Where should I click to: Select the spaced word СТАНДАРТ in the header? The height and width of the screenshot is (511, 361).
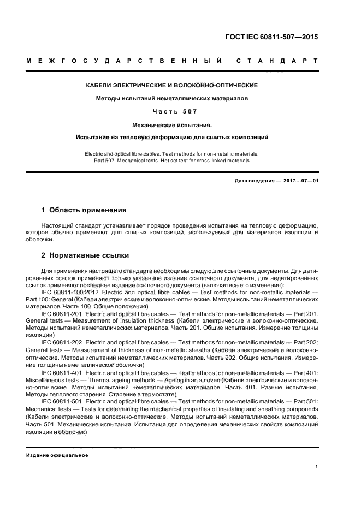click(x=277, y=61)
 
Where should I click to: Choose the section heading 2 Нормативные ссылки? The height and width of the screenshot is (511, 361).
click(x=85, y=255)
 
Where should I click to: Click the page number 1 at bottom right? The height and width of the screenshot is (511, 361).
click(x=317, y=467)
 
